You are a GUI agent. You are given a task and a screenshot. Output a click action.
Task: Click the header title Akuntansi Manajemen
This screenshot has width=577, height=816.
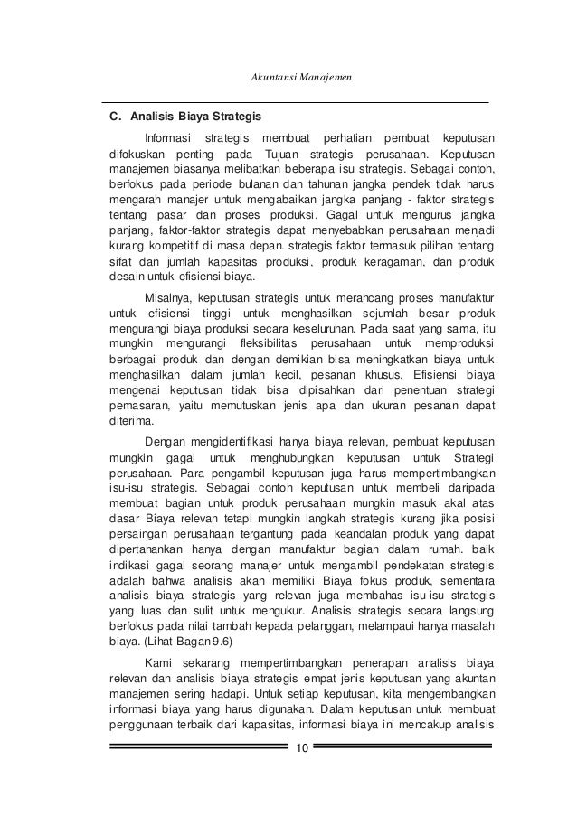[x=299, y=79]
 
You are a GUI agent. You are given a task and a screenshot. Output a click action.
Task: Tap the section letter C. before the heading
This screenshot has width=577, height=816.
[x=115, y=116]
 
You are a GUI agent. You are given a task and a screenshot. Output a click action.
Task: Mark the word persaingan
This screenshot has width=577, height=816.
[x=140, y=532]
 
